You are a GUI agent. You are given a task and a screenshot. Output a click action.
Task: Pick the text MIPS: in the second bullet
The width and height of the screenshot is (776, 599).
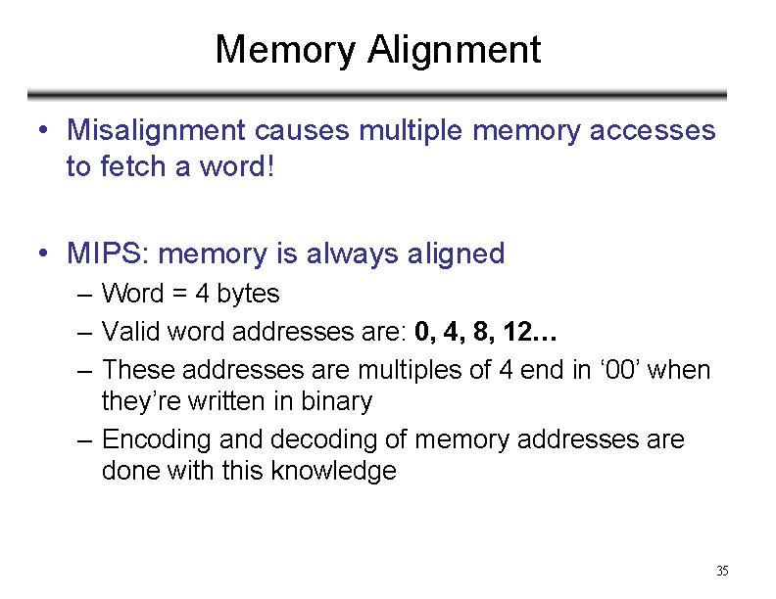(x=108, y=254)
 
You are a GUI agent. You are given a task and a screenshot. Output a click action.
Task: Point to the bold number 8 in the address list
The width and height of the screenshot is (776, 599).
(x=480, y=332)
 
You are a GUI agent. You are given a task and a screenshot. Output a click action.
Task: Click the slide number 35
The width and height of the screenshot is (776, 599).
(x=722, y=571)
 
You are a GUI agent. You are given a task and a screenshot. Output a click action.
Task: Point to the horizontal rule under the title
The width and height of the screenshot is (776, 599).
(x=377, y=96)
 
